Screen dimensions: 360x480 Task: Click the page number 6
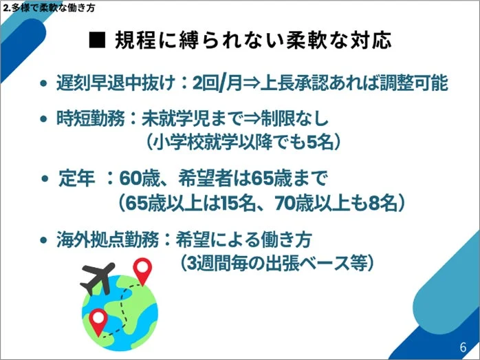point(462,346)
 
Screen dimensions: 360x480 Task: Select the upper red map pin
point(142,269)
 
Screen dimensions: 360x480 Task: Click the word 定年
point(77,179)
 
